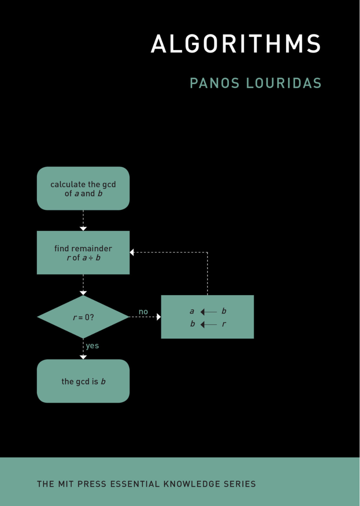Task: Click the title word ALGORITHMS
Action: (x=235, y=44)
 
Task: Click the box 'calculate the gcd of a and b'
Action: (x=83, y=189)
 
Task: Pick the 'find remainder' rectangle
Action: (x=83, y=253)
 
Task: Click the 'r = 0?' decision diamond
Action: (x=83, y=317)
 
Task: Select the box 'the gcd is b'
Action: (x=83, y=381)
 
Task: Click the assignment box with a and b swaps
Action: (x=207, y=317)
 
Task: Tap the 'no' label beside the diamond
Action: (x=143, y=312)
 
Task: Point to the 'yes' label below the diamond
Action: (x=93, y=346)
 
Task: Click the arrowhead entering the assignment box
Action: (x=159, y=317)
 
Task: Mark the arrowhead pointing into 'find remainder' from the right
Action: (x=132, y=253)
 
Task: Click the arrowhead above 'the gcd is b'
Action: (x=83, y=357)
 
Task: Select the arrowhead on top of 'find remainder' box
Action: (x=83, y=228)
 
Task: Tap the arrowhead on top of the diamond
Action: (x=83, y=293)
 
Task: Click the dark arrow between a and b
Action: (x=208, y=312)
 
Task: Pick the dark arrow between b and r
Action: (x=208, y=324)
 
